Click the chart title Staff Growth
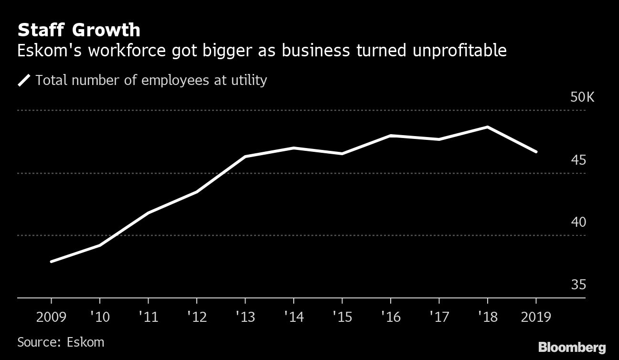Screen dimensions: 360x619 tap(79, 30)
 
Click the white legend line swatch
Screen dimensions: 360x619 tap(24, 80)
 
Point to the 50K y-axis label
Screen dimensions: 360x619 tap(582, 97)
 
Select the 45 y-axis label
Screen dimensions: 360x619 tap(578, 160)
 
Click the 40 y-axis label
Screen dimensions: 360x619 tap(578, 222)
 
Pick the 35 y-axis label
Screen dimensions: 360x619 tap(578, 285)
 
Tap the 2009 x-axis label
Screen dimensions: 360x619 tap(51, 317)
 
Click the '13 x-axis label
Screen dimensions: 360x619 tap(245, 317)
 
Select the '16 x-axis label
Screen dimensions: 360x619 tap(390, 317)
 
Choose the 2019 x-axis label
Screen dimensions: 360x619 tap(535, 317)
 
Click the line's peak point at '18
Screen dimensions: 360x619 tap(487, 127)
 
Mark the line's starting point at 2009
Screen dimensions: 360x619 tap(51, 262)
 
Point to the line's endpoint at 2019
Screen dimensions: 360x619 tap(536, 152)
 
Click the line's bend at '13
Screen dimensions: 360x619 tap(245, 157)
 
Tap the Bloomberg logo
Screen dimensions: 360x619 tap(572, 347)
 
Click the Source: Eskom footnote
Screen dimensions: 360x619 tap(61, 342)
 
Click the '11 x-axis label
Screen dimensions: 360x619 tap(148, 317)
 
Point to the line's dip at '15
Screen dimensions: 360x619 tap(342, 154)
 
